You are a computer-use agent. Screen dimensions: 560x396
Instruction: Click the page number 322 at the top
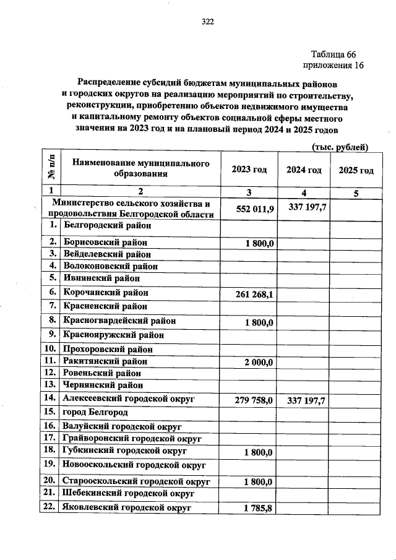tap(207, 22)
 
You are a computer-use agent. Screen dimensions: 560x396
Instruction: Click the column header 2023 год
tap(249, 170)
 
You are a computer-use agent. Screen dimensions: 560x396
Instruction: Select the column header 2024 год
tap(303, 170)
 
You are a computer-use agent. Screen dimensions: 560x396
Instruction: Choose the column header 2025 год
tap(356, 170)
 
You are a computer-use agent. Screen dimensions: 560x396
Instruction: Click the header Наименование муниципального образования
tap(139, 168)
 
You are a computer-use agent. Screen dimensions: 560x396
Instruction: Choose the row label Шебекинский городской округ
tap(128, 493)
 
